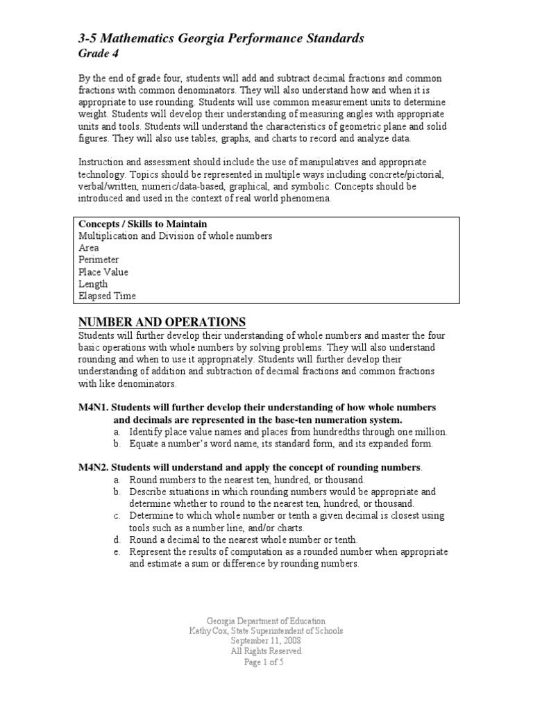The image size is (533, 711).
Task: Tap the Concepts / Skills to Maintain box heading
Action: [x=142, y=224]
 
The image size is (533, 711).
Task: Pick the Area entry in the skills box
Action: [x=88, y=248]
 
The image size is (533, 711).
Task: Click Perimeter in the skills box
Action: [x=99, y=260]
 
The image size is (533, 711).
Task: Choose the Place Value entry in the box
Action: [x=103, y=272]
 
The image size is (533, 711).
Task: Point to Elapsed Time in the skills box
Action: [x=107, y=296]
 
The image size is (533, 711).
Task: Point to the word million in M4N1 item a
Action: [x=430, y=431]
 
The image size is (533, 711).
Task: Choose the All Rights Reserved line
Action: [x=266, y=652]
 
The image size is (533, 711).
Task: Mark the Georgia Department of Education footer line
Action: [x=266, y=621]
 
